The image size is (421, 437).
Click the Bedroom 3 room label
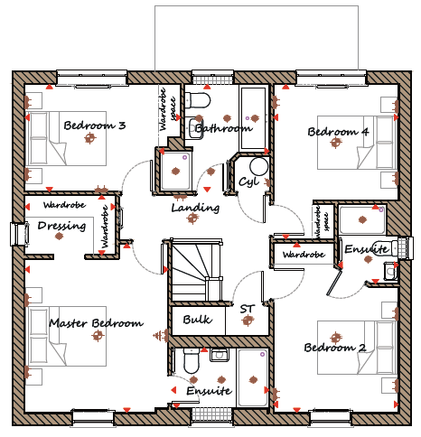tap(95, 126)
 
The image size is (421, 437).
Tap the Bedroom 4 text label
tap(338, 132)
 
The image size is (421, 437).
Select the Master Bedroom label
tap(96, 323)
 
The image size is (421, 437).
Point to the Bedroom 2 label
tap(335, 348)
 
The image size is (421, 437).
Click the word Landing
tap(195, 208)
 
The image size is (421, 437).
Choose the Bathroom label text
tap(223, 128)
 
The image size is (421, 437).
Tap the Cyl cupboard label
tap(248, 181)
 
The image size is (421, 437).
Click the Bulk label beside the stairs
tap(197, 320)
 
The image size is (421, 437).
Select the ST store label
tap(248, 309)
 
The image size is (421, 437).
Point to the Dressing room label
tap(61, 226)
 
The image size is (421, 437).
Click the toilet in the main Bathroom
tap(197, 100)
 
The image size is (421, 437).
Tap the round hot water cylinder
tap(259, 166)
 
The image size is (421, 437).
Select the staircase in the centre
tap(197, 270)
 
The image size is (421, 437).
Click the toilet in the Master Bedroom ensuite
tap(192, 361)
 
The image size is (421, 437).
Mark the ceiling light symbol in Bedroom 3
tap(89, 138)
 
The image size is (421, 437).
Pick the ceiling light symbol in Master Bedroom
tap(98, 335)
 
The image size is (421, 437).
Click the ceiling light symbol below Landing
tap(192, 218)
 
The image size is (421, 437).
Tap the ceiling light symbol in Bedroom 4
tap(336, 143)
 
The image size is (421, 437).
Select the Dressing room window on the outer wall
tap(19, 234)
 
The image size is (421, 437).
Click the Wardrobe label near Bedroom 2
tap(304, 255)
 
